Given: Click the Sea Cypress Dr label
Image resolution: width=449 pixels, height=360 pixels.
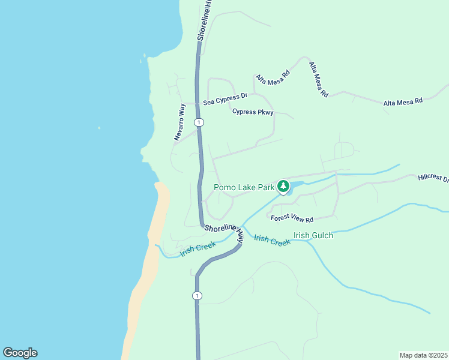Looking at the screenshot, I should [x=225, y=100].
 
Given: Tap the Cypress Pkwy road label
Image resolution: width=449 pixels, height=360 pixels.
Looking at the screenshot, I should [x=253, y=112].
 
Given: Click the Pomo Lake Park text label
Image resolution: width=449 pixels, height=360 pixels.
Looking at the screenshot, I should [x=244, y=187].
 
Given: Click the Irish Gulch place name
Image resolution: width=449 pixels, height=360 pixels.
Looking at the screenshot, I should [x=313, y=235].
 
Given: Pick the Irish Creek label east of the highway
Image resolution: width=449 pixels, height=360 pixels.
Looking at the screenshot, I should [x=272, y=239].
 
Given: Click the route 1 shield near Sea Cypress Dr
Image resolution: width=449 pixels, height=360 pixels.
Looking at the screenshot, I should [x=199, y=122].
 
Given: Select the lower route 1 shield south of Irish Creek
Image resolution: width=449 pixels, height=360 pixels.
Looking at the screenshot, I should [x=197, y=296].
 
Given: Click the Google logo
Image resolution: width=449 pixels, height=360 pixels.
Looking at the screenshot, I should [x=20, y=353].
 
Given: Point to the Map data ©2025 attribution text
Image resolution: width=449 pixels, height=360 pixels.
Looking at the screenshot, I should [x=423, y=355].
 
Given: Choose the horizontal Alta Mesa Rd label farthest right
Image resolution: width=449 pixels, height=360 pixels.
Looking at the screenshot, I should [x=403, y=102].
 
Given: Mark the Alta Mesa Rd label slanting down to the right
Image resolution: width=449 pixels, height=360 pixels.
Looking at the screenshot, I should [x=319, y=80].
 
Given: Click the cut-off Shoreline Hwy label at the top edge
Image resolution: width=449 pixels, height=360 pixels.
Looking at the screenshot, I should [x=204, y=20].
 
